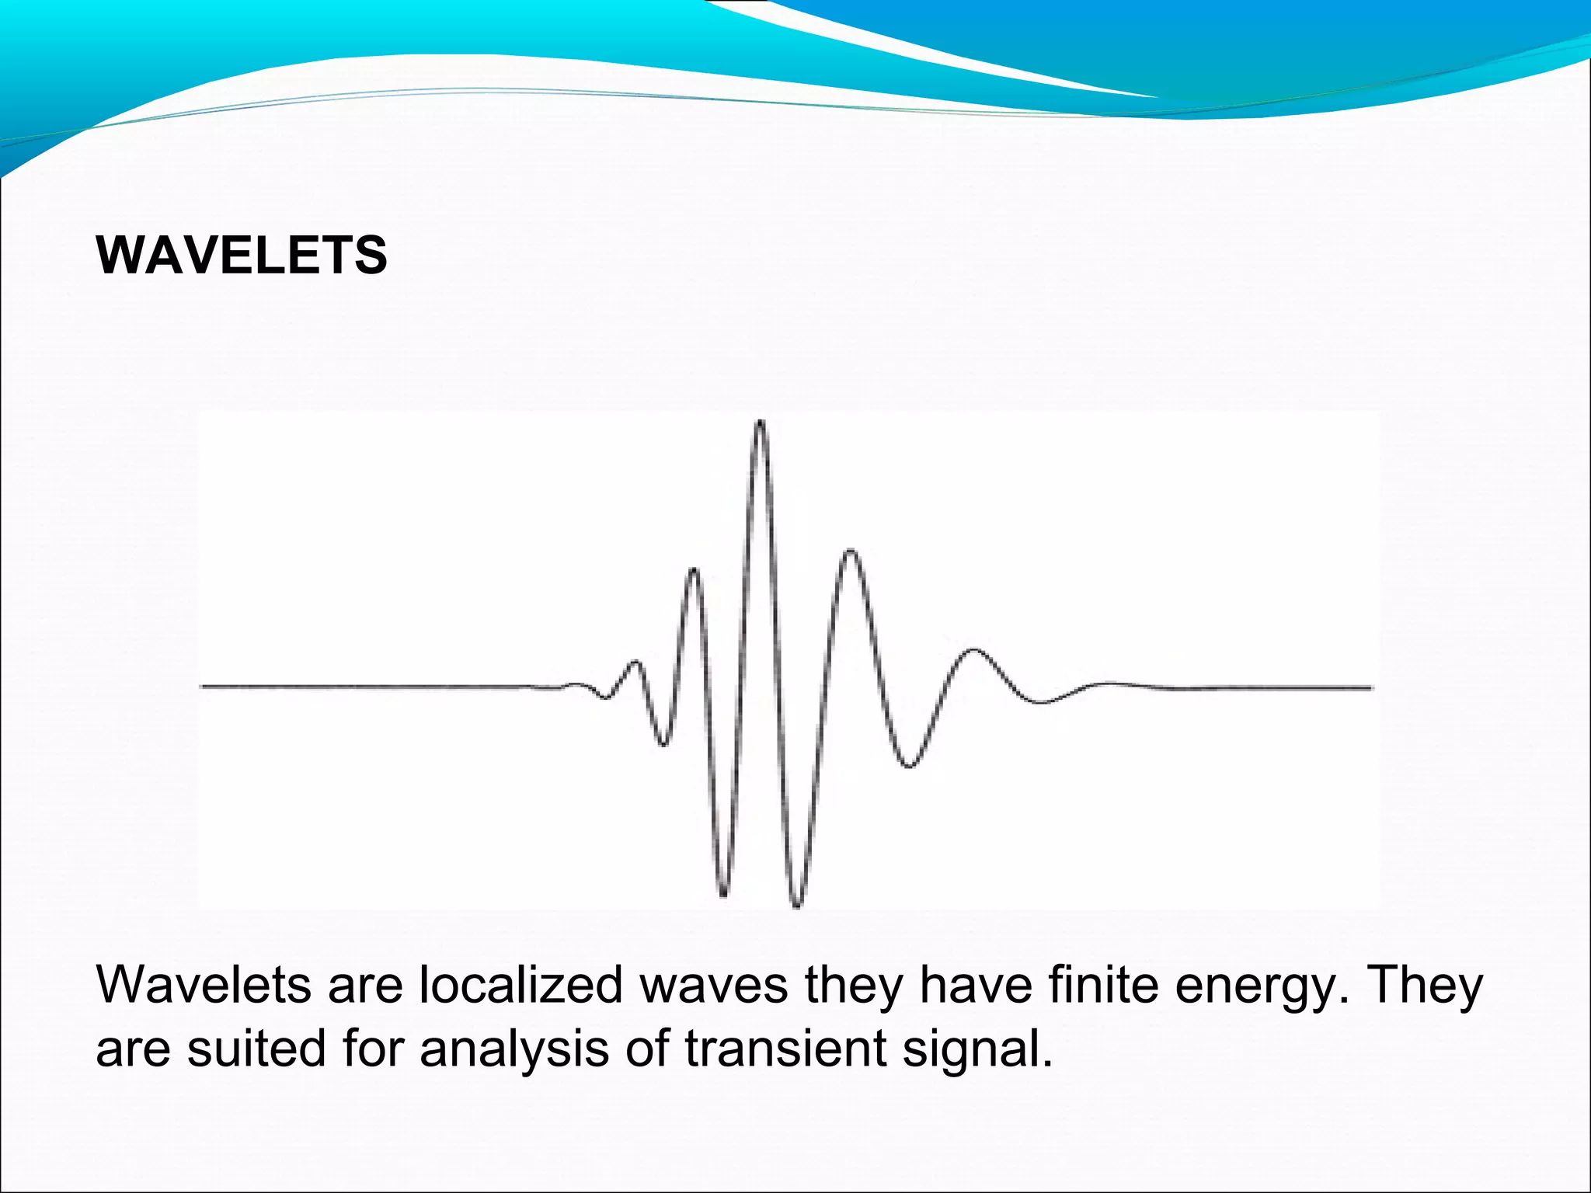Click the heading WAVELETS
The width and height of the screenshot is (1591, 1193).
[x=241, y=255]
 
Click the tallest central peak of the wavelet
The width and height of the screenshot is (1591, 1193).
[x=761, y=424]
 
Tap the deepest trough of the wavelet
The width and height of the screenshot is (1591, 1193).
[x=796, y=904]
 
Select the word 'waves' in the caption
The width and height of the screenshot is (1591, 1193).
[x=714, y=986]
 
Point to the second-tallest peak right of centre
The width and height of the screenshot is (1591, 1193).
[x=851, y=552]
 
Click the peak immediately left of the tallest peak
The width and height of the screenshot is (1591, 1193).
[x=693, y=571]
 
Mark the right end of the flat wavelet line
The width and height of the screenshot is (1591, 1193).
[x=1370, y=687]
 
